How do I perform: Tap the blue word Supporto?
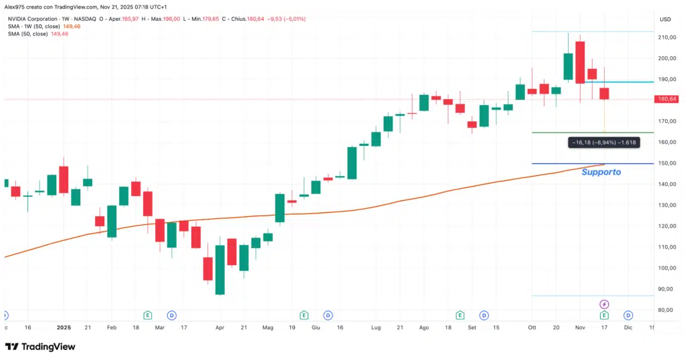coord(601,172)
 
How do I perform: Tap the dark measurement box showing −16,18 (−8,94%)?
coord(603,142)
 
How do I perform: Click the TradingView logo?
coord(40,347)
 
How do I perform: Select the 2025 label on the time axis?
coord(64,328)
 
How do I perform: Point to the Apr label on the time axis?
coord(220,328)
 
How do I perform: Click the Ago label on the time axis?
coord(423,328)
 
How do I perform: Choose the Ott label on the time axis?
coord(532,328)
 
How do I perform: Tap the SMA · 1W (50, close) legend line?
coord(32,26)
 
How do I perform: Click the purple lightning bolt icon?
coord(604,304)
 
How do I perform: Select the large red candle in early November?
coord(579,62)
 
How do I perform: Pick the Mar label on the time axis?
coord(160,328)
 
